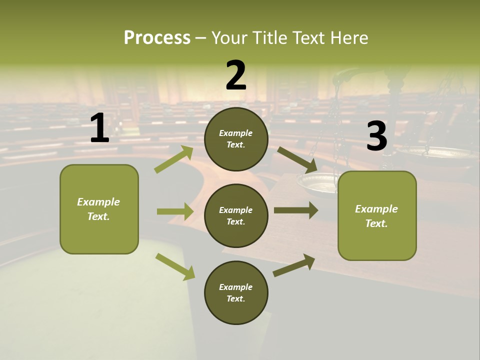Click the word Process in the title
pos(157,37)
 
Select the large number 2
pos(236,75)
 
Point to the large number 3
pos(376,136)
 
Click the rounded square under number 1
pos(99,209)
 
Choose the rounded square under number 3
pos(377,215)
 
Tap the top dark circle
pos(236,139)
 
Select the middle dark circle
pos(236,215)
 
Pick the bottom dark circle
pos(236,292)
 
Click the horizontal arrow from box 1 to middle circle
pos(175,211)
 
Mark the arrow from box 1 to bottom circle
pos(175,266)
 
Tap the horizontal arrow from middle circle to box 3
pos(296,210)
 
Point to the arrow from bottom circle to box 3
pos(294,265)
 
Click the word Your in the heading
pos(230,37)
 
